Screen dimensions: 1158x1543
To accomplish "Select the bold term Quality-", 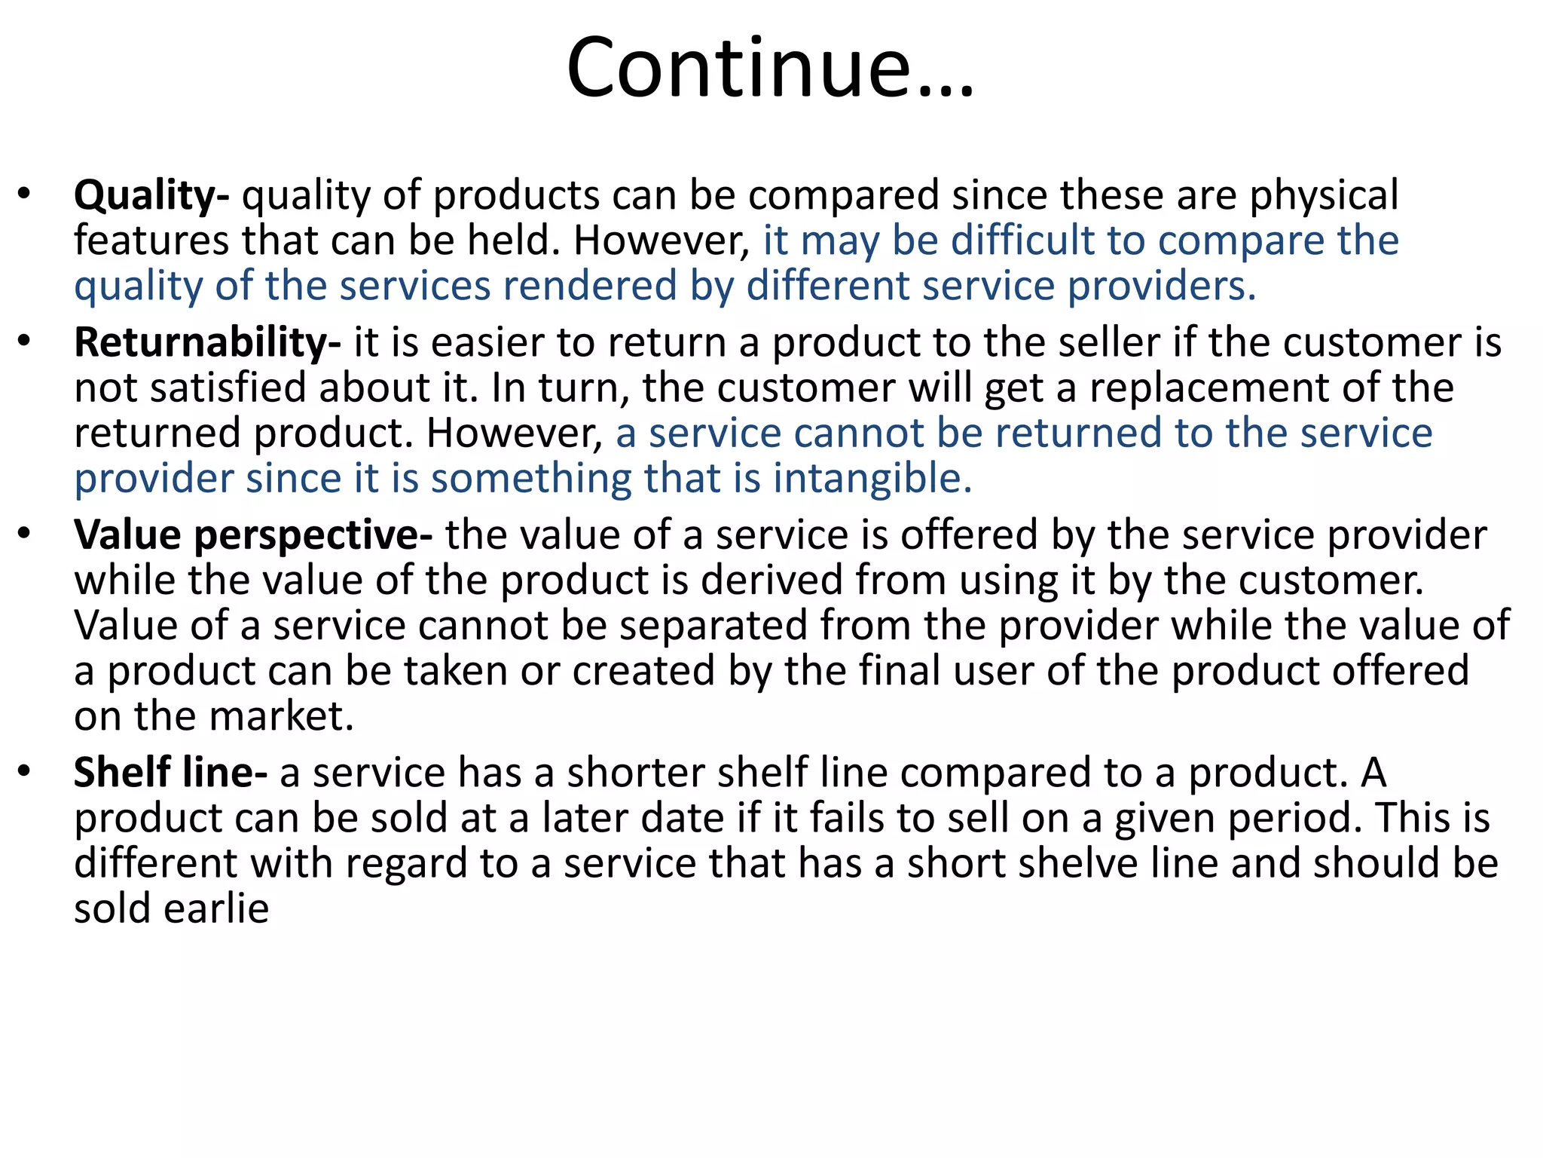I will click(151, 196).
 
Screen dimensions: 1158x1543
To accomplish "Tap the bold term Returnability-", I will click(207, 343).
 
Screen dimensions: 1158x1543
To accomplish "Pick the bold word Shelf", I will click(121, 773).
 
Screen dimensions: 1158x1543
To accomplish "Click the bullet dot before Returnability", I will click(25, 342).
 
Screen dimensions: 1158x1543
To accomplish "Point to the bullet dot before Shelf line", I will click(25, 771).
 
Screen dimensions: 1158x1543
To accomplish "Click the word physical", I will click(1324, 196).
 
